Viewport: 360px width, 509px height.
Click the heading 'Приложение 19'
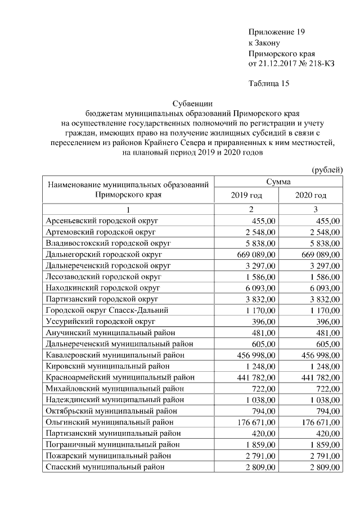pyautogui.click(x=276, y=32)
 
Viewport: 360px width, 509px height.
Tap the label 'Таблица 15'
pyautogui.click(x=268, y=84)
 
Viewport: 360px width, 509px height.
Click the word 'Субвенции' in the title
pyautogui.click(x=192, y=103)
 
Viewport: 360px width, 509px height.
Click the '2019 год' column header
pyautogui.click(x=246, y=195)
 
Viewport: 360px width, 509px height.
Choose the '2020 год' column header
pyautogui.click(x=310, y=195)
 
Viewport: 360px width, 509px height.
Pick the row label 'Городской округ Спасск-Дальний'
pyautogui.click(x=106, y=310)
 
